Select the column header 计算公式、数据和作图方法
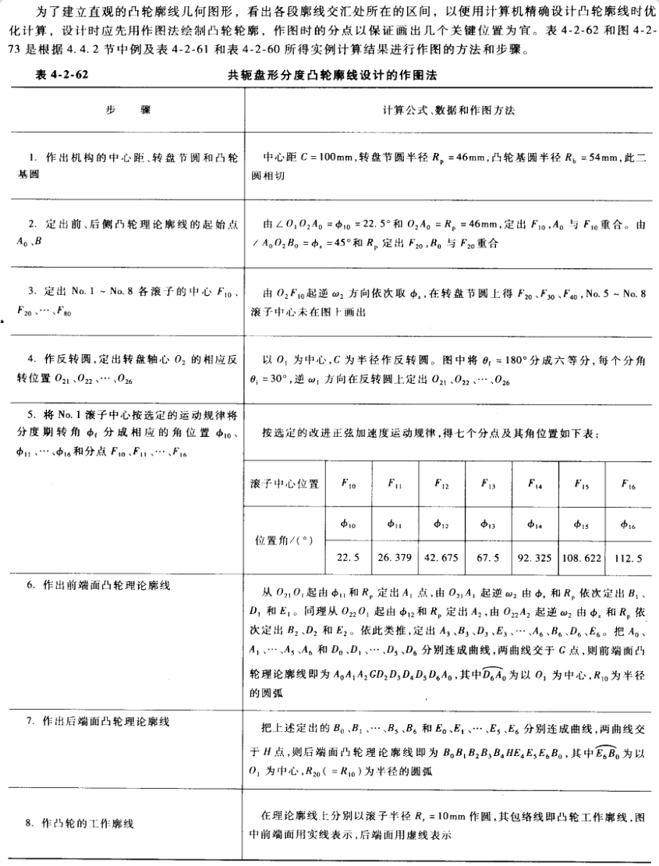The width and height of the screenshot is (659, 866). [448, 110]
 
